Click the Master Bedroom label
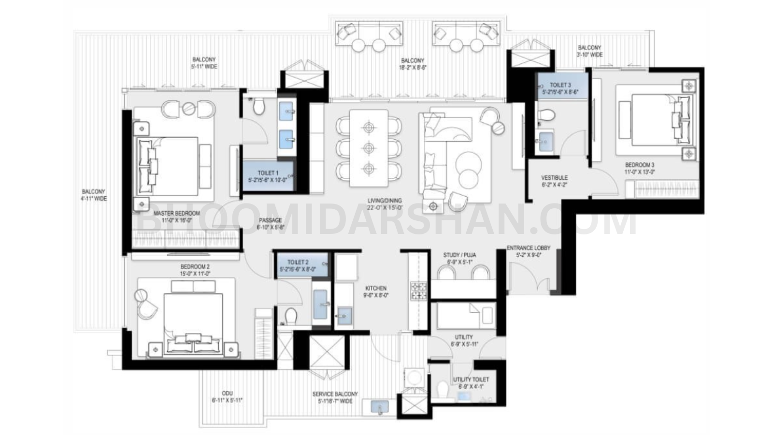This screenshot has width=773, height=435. [x=176, y=213]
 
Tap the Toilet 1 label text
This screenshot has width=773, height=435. [x=268, y=173]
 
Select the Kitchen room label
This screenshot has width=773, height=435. [x=375, y=289]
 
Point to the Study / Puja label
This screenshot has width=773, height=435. [x=459, y=255]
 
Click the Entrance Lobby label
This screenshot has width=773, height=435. [x=528, y=248]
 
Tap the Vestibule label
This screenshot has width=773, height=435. [x=554, y=178]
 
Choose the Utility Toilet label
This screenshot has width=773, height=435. [x=471, y=380]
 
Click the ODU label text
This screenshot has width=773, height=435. [x=227, y=393]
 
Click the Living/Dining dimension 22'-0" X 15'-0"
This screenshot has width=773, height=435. [x=384, y=208]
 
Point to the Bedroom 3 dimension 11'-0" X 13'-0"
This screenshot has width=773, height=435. [x=640, y=172]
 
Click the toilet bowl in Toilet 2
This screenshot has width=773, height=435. [x=291, y=317]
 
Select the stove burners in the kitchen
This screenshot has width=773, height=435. [x=418, y=290]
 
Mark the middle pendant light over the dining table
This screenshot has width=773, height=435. [x=369, y=147]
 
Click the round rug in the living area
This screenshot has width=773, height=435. [x=467, y=167]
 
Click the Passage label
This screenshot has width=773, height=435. [x=270, y=220]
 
